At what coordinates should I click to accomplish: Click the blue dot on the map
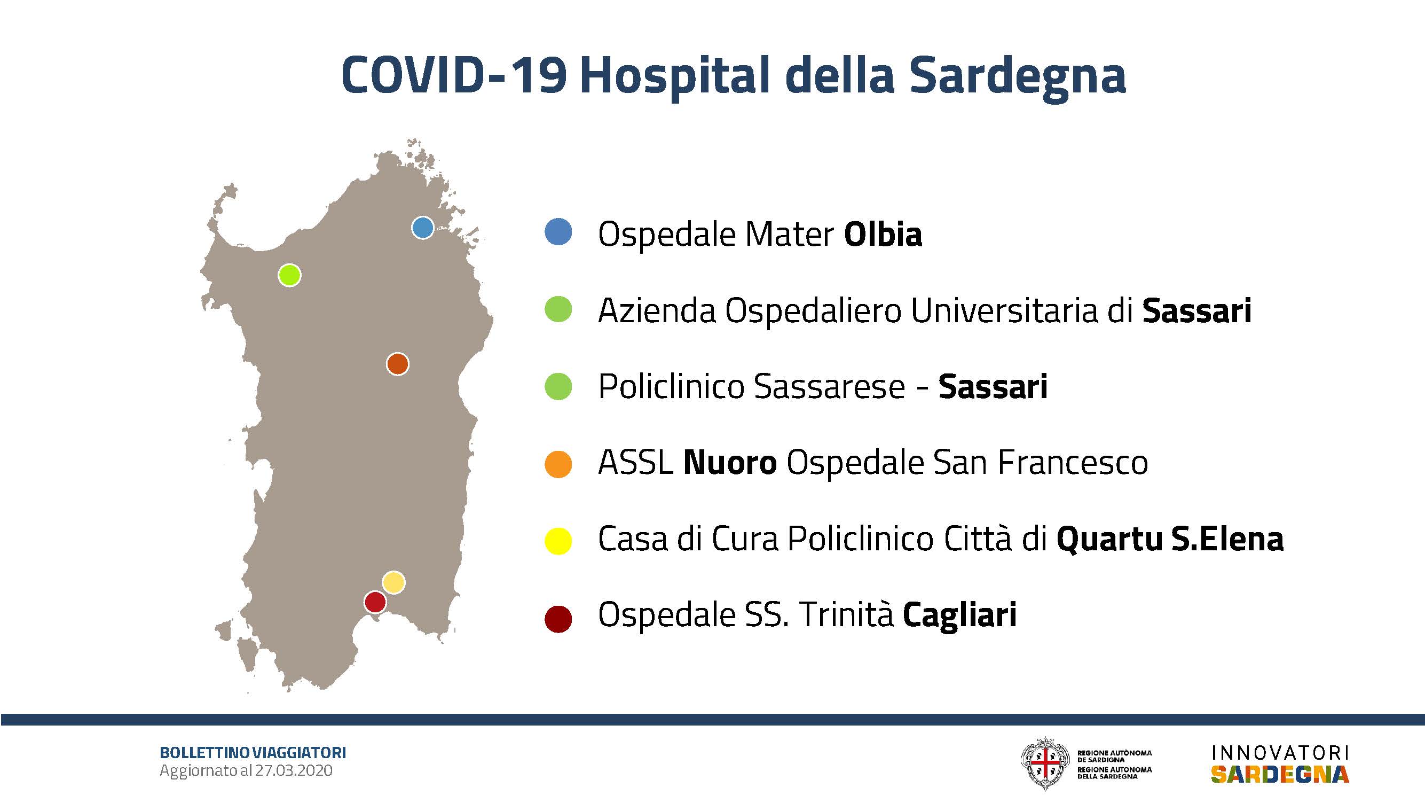point(423,228)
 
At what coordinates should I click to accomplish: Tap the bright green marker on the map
point(289,275)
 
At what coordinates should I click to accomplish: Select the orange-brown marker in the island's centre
point(397,364)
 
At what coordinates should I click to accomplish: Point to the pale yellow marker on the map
point(393,582)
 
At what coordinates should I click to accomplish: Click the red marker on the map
point(375,602)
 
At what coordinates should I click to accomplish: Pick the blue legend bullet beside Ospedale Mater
point(558,232)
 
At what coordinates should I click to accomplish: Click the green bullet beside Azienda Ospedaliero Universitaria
point(558,309)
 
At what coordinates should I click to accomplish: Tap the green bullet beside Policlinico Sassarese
point(558,386)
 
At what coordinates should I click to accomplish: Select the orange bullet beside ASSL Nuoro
point(558,464)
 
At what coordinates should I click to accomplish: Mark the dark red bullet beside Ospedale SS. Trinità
point(558,619)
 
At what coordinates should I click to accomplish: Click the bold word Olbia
point(884,234)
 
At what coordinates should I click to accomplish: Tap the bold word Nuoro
point(730,463)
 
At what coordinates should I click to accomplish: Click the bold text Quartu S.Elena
point(1170,540)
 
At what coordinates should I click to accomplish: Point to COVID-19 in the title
point(454,75)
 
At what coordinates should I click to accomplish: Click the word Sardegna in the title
point(1018,77)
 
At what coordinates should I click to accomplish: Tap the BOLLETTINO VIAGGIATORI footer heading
point(253,753)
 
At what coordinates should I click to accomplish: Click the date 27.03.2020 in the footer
point(294,770)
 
